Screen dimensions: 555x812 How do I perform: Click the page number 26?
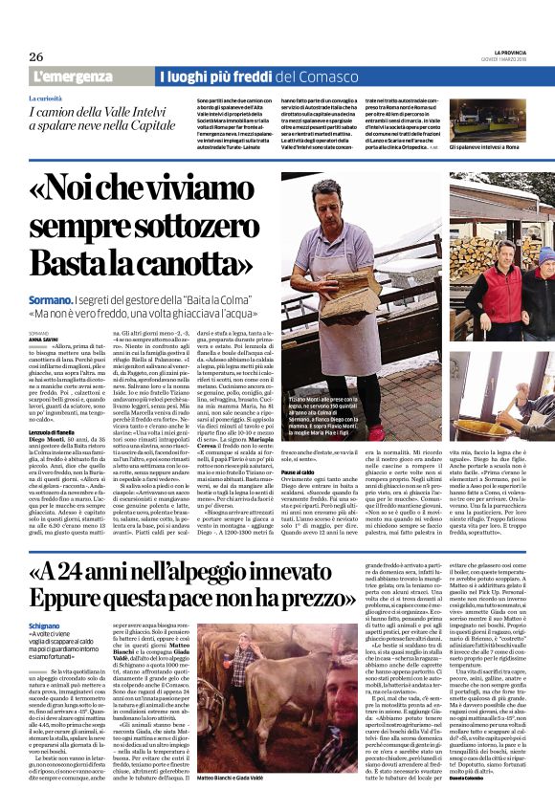coord(36,56)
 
